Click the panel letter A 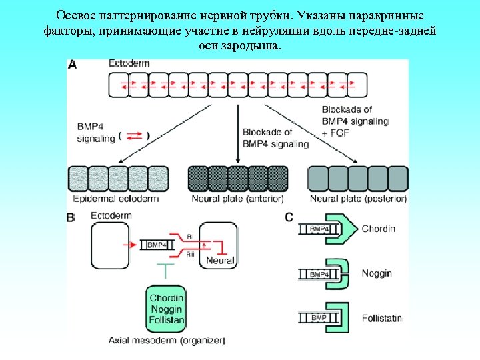pos(72,64)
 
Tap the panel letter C pos(289,217)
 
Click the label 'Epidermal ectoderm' pos(115,199)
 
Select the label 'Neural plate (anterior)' pos(237,199)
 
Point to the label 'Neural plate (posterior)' pos(358,199)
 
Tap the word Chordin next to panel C pos(378,229)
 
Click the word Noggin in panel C pos(377,273)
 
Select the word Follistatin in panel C pos(381,318)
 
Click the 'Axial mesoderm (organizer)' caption pos(167,341)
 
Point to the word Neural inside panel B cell pos(220,261)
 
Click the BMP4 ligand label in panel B pos(158,245)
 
